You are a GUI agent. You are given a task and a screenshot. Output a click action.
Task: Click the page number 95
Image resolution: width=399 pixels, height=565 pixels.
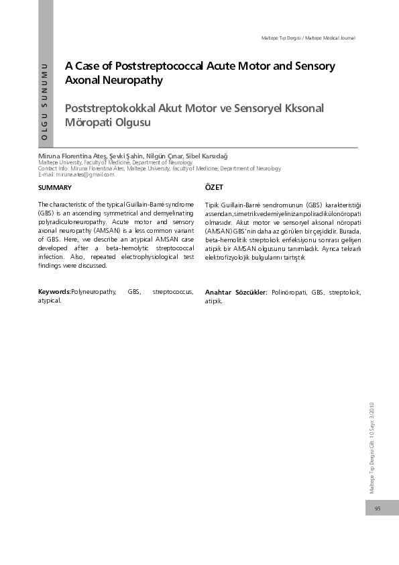378,509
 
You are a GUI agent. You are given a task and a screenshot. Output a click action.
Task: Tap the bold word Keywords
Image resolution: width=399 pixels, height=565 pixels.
54,293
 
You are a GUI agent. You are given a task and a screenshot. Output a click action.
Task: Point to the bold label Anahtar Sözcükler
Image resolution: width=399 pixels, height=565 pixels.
235,293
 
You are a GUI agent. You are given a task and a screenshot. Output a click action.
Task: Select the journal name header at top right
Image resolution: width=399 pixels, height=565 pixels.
308,38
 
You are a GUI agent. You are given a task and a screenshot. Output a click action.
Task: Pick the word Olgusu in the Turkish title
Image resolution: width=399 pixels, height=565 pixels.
131,123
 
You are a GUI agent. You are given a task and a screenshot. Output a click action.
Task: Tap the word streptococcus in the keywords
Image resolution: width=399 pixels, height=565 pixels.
173,293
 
